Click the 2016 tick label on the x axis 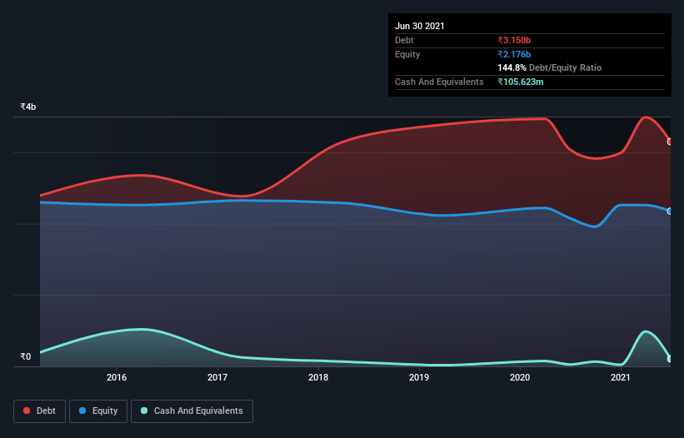click(117, 377)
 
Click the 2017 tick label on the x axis click(217, 377)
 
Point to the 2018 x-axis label click(318, 377)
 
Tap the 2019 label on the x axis click(419, 377)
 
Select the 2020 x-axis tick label click(520, 377)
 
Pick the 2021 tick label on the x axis click(621, 377)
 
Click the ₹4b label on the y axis click(28, 107)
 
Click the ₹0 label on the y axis click(26, 357)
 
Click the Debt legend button click(39, 411)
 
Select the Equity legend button click(98, 411)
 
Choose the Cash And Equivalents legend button click(192, 411)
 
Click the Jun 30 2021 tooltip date click(420, 26)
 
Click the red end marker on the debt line click(670, 142)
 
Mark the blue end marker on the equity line click(670, 211)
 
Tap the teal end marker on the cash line click(670, 359)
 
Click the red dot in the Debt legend click(27, 411)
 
